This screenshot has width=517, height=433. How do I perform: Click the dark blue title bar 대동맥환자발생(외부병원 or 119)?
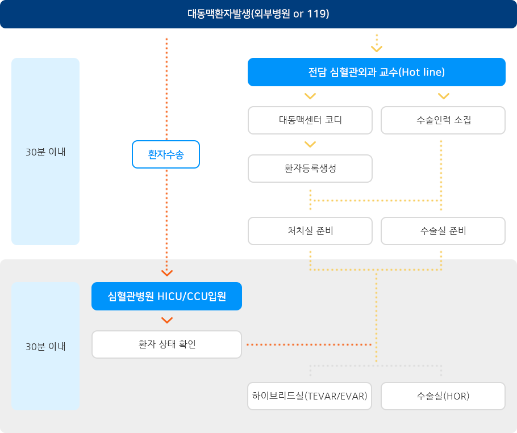[x=258, y=14]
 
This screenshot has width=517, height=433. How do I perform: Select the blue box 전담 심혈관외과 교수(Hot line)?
[x=376, y=72]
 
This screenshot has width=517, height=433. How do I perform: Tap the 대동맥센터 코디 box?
[x=310, y=120]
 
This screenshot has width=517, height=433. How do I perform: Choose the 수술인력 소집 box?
[x=443, y=120]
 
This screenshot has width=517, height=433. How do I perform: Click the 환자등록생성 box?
[x=310, y=169]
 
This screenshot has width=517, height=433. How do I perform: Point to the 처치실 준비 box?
[x=310, y=231]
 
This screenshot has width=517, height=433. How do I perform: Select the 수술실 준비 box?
[x=443, y=231]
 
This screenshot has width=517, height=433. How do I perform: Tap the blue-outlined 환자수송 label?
[x=166, y=154]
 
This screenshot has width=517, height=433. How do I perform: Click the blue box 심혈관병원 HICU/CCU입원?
[x=167, y=296]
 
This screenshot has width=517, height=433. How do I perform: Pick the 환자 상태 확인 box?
[x=167, y=344]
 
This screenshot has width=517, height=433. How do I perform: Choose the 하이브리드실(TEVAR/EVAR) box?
[x=310, y=396]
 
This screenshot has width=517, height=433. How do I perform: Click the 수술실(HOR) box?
[x=443, y=396]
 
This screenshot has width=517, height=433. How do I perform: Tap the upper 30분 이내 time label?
[x=45, y=152]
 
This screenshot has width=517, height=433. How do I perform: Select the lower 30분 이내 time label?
[x=45, y=346]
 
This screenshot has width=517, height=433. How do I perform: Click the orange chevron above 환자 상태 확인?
[x=167, y=321]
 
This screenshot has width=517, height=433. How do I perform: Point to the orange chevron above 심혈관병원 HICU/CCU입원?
[x=167, y=272]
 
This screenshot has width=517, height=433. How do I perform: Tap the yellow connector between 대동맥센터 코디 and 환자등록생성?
[x=310, y=144]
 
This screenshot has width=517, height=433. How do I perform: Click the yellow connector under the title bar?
[x=376, y=45]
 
